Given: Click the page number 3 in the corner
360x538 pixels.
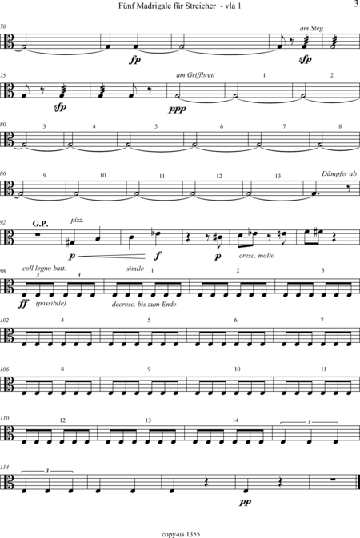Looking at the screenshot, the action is pyautogui.click(x=356, y=5).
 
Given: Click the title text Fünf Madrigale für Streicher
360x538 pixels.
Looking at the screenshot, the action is pyautogui.click(x=167, y=6).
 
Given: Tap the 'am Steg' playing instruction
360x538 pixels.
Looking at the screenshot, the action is pyautogui.click(x=311, y=29).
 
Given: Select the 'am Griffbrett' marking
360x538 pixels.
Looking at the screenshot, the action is pyautogui.click(x=195, y=75).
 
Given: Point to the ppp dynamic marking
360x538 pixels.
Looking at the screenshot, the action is pyautogui.click(x=178, y=109).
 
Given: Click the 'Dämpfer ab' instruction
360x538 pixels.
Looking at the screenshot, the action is pyautogui.click(x=339, y=173).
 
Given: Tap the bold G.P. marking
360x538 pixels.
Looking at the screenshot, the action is pyautogui.click(x=41, y=224).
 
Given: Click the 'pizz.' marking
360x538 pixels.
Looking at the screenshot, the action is pyautogui.click(x=78, y=221).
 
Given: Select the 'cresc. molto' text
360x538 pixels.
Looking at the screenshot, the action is pyautogui.click(x=257, y=256).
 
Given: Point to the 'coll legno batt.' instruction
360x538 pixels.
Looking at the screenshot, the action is pyautogui.click(x=44, y=268).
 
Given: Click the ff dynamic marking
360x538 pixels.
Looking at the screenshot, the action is pyautogui.click(x=23, y=304).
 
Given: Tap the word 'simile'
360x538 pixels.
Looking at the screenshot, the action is pyautogui.click(x=135, y=269).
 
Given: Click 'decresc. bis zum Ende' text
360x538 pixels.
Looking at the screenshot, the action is pyautogui.click(x=144, y=305).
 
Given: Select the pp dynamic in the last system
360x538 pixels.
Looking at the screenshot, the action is pyautogui.click(x=246, y=502).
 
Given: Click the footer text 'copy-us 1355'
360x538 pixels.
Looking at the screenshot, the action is pyautogui.click(x=181, y=534).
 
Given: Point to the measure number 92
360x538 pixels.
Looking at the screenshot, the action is pyautogui.click(x=3, y=222).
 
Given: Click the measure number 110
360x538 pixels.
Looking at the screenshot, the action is pyautogui.click(x=5, y=418).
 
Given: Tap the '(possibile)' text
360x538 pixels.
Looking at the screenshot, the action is pyautogui.click(x=51, y=303).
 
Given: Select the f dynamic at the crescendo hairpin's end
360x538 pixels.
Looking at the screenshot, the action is pyautogui.click(x=158, y=255).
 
